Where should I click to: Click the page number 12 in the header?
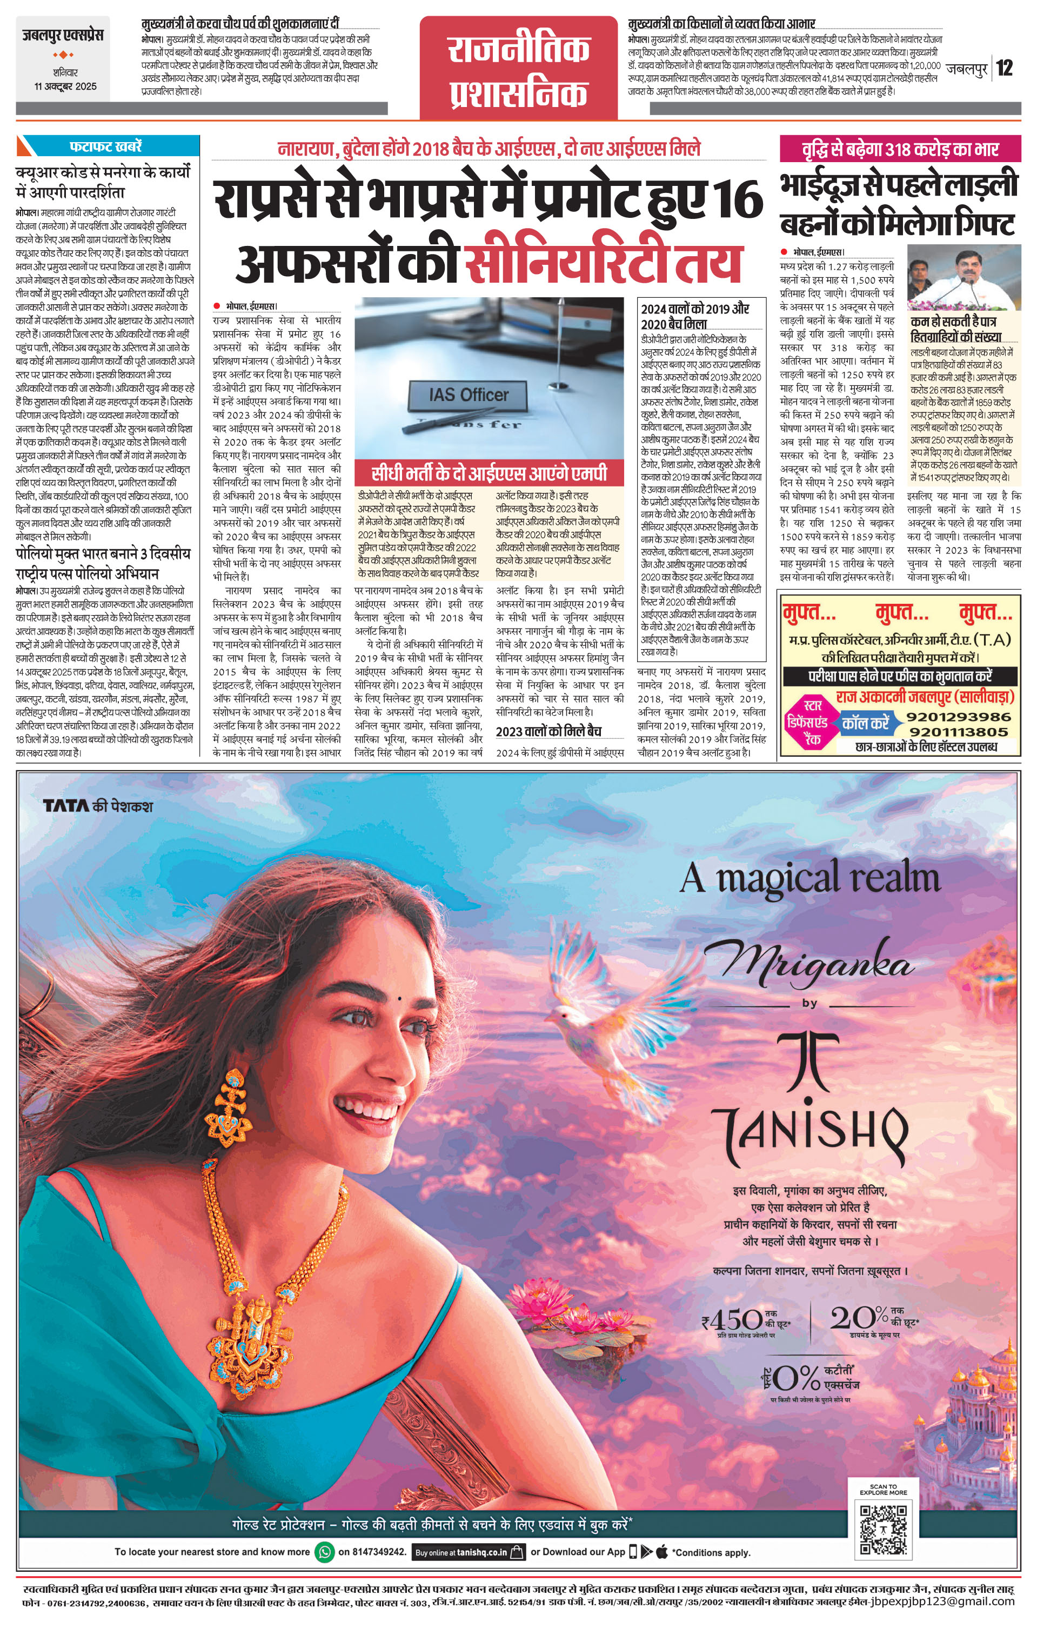(1005, 68)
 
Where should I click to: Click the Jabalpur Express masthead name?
(62, 35)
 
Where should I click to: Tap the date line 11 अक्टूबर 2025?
(65, 86)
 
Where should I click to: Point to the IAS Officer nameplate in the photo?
(469, 395)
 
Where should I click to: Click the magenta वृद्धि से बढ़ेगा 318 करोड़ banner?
(900, 148)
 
